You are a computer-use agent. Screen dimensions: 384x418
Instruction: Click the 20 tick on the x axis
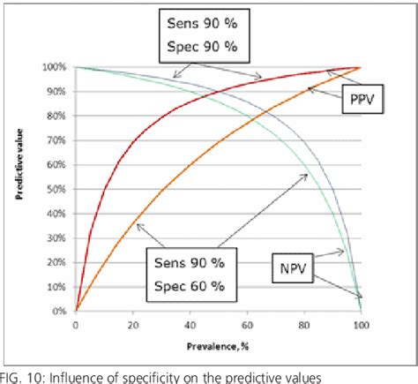tap(134, 326)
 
